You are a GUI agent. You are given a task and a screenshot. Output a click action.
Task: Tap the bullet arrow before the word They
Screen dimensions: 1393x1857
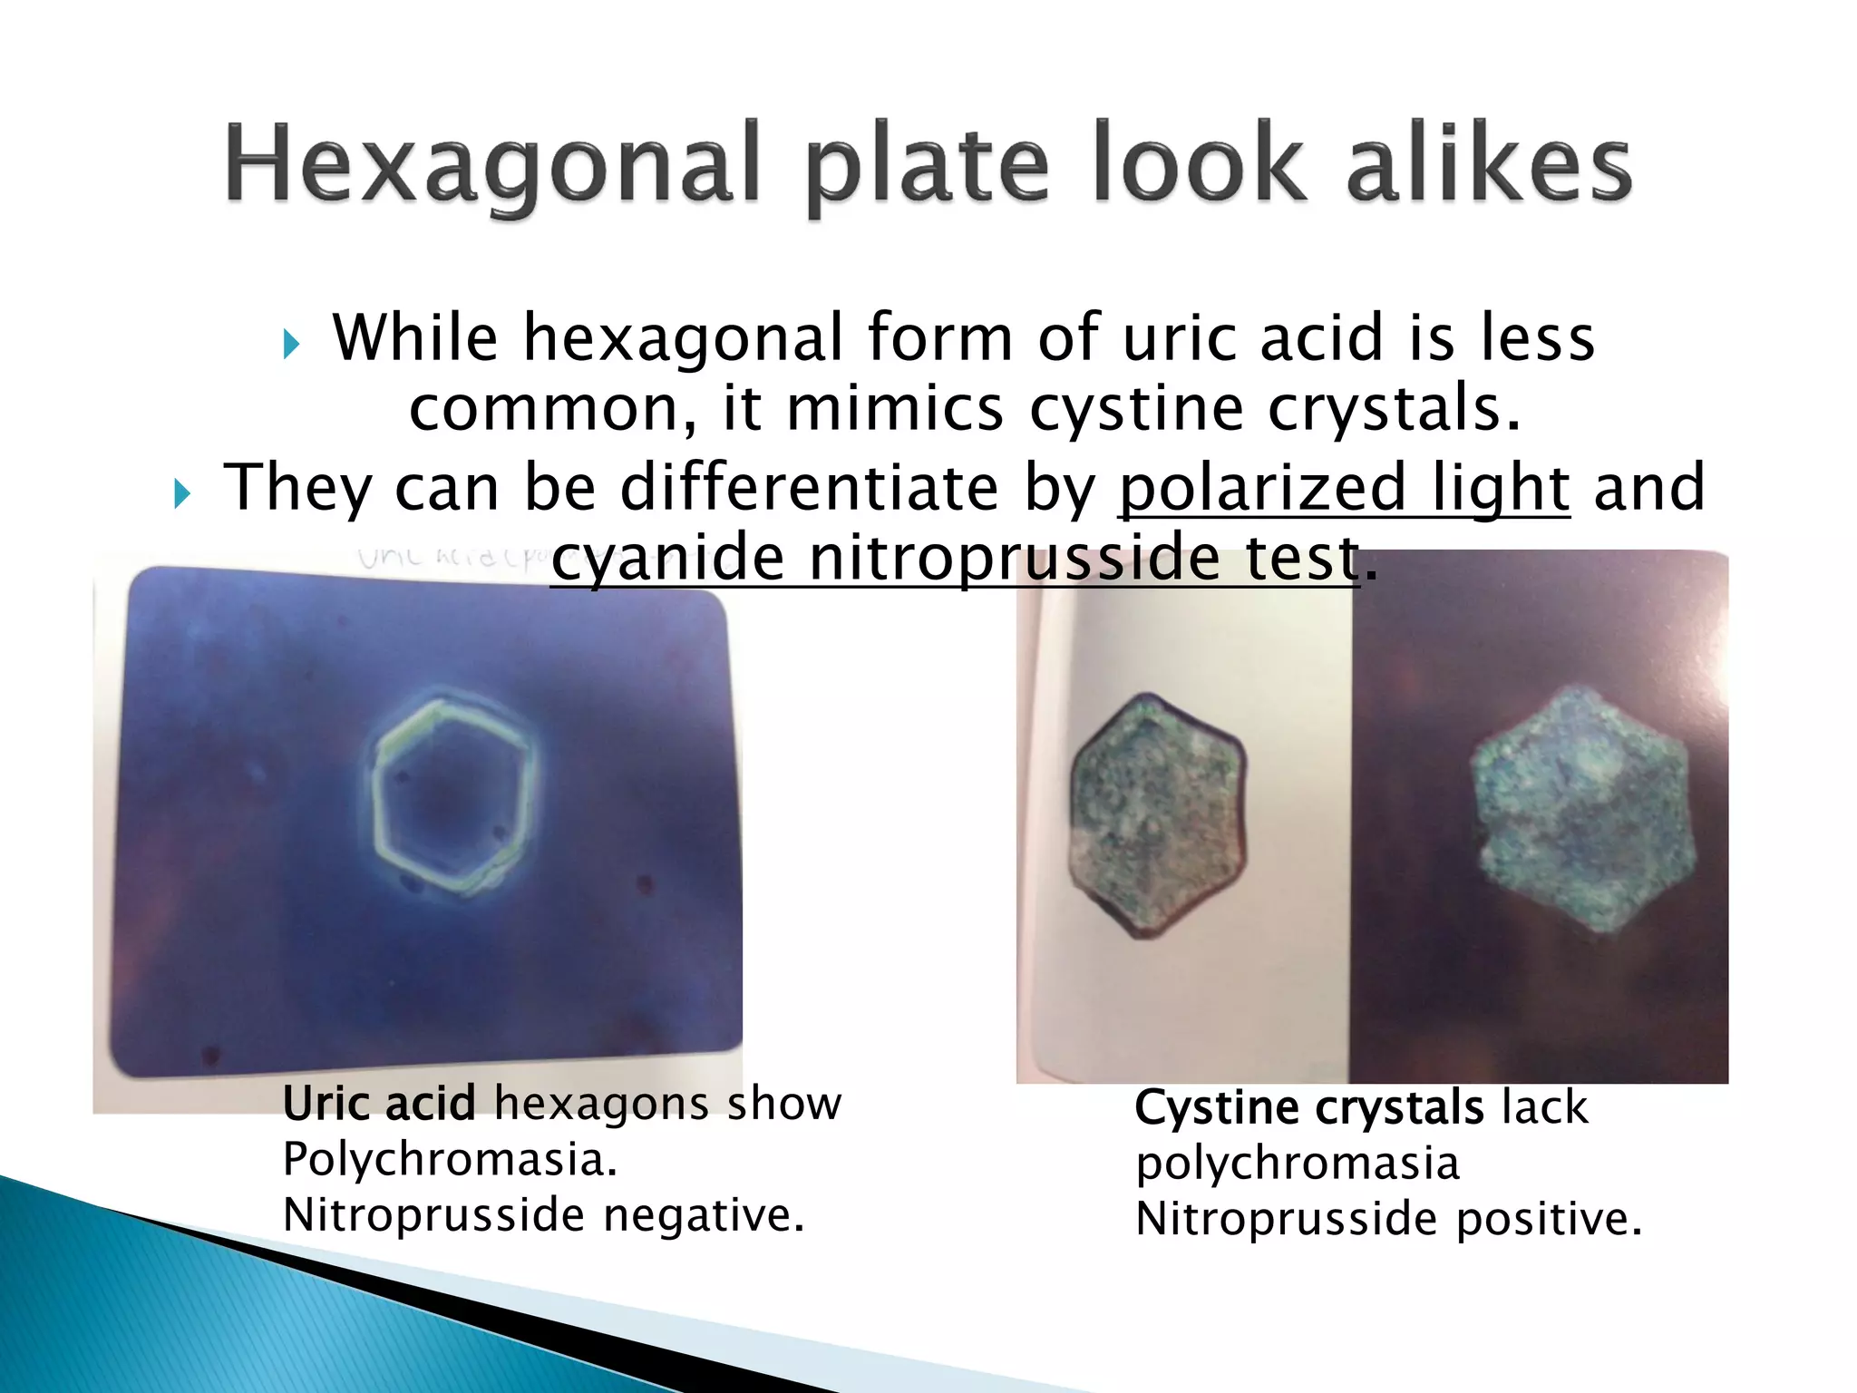pos(182,494)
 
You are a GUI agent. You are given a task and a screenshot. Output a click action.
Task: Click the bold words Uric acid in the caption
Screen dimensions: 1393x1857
pos(378,1104)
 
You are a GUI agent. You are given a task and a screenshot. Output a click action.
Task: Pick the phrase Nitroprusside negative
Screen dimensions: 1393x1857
pos(544,1215)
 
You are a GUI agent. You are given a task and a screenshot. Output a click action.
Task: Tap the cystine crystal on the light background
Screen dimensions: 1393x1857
pos(1156,813)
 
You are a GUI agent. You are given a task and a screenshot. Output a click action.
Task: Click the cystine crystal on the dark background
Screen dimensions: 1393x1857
pos(1581,810)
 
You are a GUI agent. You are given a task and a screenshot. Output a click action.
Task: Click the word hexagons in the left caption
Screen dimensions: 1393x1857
pos(598,1104)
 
